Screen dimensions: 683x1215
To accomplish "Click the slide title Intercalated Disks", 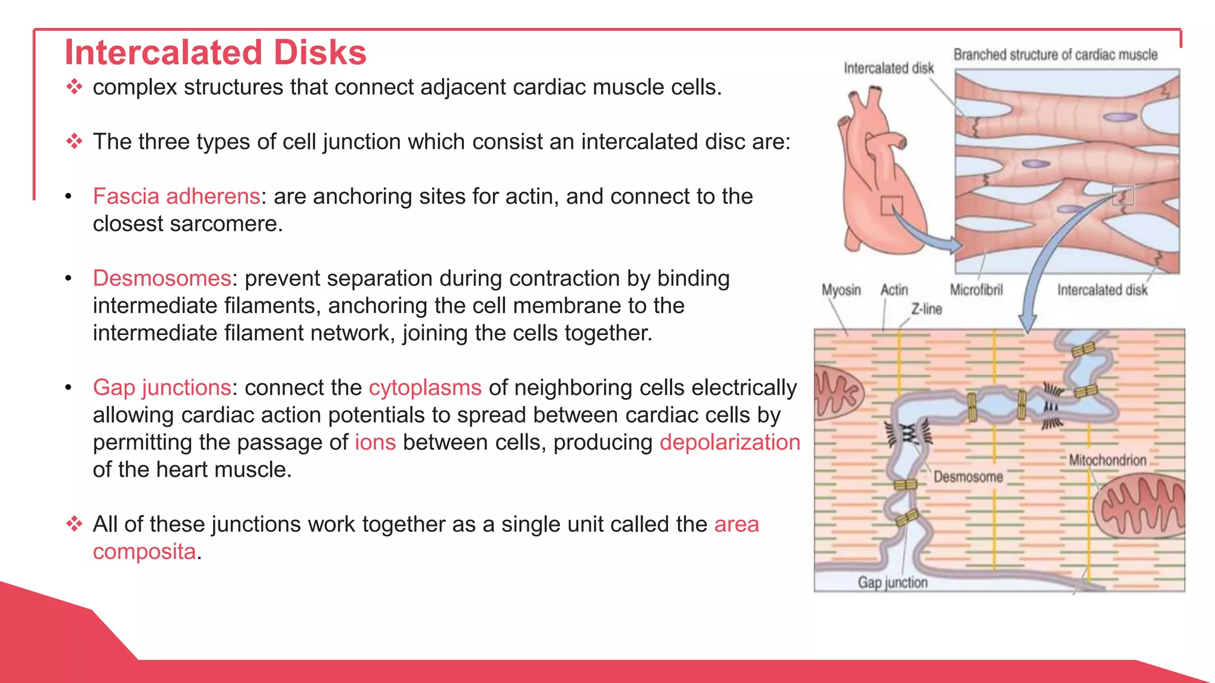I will coord(215,52).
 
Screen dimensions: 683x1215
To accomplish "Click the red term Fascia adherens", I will coord(176,196).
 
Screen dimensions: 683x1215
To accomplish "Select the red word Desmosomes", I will coord(161,278).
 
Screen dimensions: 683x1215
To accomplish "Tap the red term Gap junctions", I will coord(161,387).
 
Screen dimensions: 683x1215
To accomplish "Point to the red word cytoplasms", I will coord(425,387).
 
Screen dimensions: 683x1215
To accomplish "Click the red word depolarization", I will coord(730,442).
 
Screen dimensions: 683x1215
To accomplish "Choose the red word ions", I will coord(375,442).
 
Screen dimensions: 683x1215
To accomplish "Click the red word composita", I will coord(144,551).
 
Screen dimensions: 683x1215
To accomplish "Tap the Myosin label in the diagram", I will coord(841,290).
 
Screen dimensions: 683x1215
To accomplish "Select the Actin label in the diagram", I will coord(894,290).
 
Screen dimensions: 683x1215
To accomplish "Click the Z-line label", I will coord(927,309).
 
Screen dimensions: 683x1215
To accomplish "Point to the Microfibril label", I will coord(976,290).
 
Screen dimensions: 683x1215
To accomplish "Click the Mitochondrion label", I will coord(1107,460).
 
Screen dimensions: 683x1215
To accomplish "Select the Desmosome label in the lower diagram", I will coord(968,477).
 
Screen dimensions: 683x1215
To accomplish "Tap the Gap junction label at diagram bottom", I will coord(892,583).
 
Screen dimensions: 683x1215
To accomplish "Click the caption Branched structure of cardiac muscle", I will coord(1055,55).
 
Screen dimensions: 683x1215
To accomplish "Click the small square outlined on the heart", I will coord(891,206).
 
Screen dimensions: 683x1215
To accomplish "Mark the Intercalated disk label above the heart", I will coord(888,68).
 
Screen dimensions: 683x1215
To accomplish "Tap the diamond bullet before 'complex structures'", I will coord(74,87).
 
